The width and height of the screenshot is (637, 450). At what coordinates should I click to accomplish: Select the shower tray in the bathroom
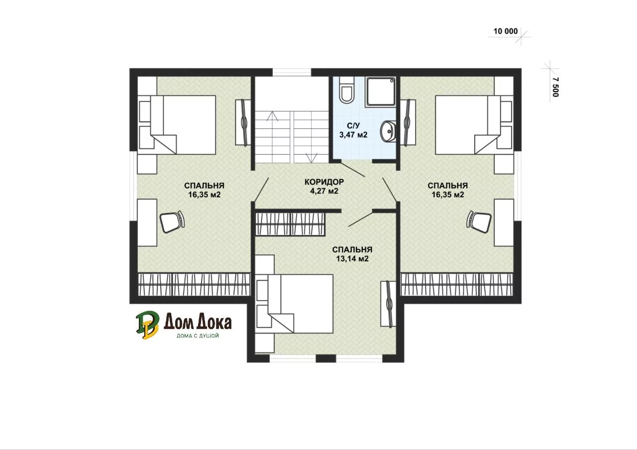click(381, 92)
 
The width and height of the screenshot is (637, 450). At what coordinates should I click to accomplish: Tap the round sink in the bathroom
click(388, 131)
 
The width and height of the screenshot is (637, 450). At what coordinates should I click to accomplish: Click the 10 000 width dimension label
click(505, 31)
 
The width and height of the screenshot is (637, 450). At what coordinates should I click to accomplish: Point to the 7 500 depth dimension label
click(555, 87)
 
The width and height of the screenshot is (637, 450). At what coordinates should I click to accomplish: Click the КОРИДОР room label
click(324, 182)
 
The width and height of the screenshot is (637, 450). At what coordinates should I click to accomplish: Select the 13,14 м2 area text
click(352, 259)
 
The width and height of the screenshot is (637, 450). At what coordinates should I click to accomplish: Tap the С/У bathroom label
click(353, 125)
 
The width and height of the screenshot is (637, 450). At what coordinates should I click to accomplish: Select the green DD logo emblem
click(147, 325)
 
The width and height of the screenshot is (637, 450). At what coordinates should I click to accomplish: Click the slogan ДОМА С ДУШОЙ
click(198, 336)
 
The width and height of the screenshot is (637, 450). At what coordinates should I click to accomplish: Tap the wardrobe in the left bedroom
click(194, 284)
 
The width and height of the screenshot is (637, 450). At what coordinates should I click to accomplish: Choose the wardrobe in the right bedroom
click(457, 284)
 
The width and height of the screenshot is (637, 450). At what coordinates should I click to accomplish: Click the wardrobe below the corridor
click(290, 224)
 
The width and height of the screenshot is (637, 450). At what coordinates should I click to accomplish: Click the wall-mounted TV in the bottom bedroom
click(389, 304)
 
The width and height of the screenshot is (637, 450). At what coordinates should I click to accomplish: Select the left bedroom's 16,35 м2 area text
click(204, 195)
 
